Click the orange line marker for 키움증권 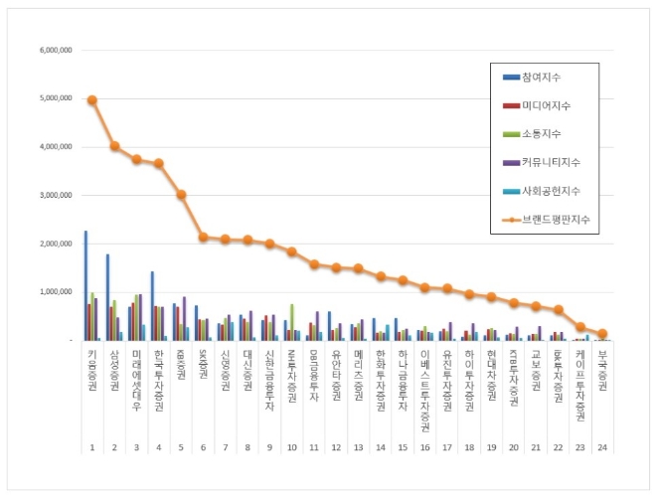pos(91,99)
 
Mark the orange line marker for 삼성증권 pos(114,146)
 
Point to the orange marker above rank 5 pos(181,195)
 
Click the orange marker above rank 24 pos(602,334)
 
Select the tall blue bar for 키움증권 pos(85,285)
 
